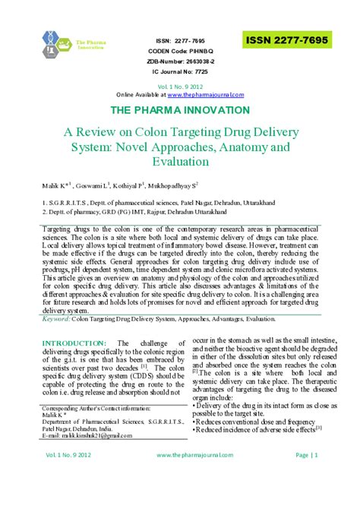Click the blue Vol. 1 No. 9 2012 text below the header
(180, 86)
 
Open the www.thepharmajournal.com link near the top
(206, 94)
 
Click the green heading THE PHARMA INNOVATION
(180, 111)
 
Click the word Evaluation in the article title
(180, 161)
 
